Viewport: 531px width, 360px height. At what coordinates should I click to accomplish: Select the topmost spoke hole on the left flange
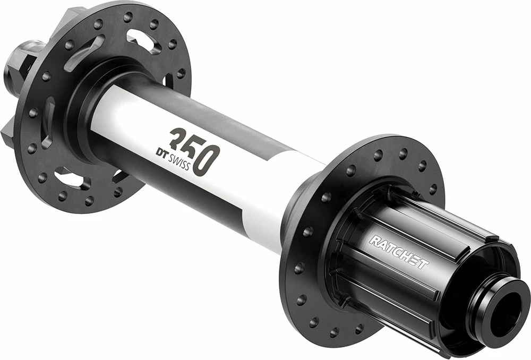127,16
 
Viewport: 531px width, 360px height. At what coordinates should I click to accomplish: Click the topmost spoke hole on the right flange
402,152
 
